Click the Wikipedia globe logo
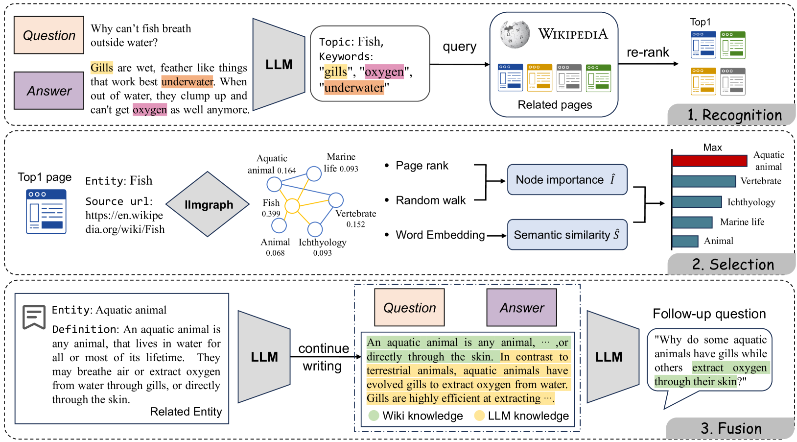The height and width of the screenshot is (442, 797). point(515,35)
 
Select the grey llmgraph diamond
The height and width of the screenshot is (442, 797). point(208,204)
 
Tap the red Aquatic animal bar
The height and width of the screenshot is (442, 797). point(709,161)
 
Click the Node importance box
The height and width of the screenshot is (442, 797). point(567,179)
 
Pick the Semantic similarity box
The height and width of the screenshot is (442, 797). point(567,235)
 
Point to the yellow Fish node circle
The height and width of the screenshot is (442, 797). point(292,206)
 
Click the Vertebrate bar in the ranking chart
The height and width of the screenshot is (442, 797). point(704,181)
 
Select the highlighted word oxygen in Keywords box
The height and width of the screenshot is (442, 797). point(384,72)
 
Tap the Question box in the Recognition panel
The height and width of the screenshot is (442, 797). point(49,35)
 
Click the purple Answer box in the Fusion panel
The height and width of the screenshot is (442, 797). point(521,307)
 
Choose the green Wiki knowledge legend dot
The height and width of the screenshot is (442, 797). point(374,416)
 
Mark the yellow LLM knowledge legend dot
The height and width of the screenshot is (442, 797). point(479,416)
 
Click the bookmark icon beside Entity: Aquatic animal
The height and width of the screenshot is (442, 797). point(34,317)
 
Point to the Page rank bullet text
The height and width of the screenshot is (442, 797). point(422,166)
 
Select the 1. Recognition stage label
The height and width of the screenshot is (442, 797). point(734,115)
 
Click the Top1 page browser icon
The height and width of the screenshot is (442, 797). point(46,212)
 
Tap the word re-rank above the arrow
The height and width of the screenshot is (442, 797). point(648,52)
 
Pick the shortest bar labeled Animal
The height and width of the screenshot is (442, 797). point(685,241)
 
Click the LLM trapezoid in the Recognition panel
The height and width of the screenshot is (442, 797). point(279,65)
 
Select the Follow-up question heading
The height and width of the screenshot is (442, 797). point(709,314)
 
